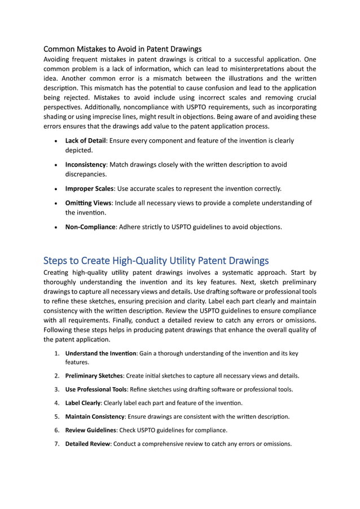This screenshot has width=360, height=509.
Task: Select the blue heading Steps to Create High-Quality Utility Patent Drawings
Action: [x=156, y=260]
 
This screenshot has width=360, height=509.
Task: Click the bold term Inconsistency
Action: [x=86, y=165]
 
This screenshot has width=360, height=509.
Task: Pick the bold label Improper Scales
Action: [x=89, y=188]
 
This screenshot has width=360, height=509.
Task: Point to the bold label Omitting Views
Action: [x=88, y=203]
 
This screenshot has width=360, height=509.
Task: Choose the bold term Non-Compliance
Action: [x=90, y=227]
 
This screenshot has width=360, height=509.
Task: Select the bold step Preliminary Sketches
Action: [x=94, y=375]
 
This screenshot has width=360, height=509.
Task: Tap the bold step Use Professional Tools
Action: [x=96, y=389]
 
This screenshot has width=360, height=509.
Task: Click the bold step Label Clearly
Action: [x=83, y=403]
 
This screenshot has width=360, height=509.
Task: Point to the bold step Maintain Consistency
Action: [x=95, y=416]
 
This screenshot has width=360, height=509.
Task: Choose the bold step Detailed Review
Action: [x=88, y=444]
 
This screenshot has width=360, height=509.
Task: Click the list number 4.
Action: [x=57, y=403]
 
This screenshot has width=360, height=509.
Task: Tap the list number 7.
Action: [x=57, y=444]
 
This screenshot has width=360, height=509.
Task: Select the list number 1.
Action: [x=57, y=353]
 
